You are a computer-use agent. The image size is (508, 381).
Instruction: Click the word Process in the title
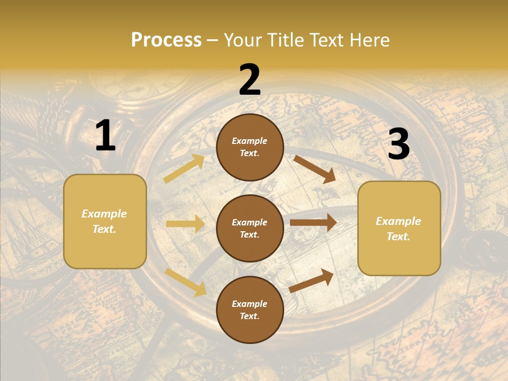tap(166, 40)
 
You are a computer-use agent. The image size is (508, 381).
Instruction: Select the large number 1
tap(105, 136)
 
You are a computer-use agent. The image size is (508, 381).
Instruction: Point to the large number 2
tap(250, 80)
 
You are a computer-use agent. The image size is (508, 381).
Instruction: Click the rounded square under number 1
tap(105, 221)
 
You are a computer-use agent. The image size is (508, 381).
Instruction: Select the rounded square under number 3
tap(399, 228)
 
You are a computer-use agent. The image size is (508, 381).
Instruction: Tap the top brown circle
tap(250, 147)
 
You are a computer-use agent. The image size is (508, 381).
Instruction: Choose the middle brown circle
tap(250, 228)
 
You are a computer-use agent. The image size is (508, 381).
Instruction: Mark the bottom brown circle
tap(250, 310)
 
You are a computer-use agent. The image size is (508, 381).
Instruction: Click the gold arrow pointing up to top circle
tap(184, 169)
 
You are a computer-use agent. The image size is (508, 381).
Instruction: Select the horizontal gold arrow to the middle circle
tap(185, 224)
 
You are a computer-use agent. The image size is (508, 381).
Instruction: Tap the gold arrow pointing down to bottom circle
tap(185, 282)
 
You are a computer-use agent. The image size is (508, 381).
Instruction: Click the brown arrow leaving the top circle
tap(315, 169)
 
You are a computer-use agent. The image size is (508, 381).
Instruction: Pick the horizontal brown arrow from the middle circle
tap(313, 222)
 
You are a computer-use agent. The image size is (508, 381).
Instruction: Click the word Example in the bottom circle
tap(250, 304)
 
